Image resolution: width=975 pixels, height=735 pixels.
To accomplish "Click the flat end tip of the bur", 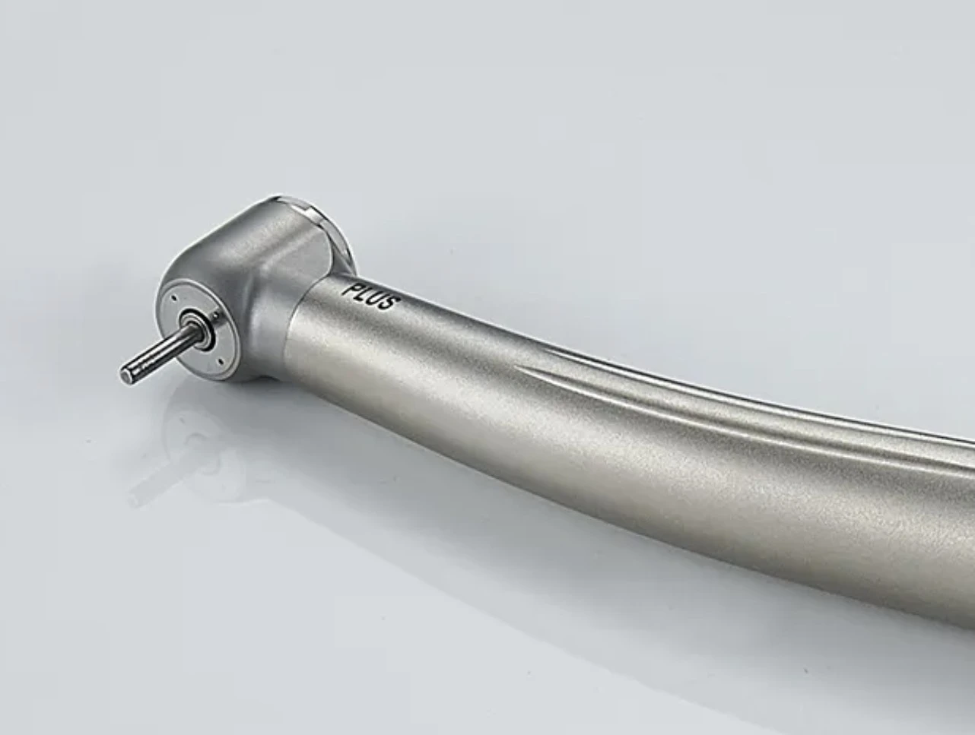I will (x=125, y=372).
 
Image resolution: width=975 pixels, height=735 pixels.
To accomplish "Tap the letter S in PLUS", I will (x=389, y=304).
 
